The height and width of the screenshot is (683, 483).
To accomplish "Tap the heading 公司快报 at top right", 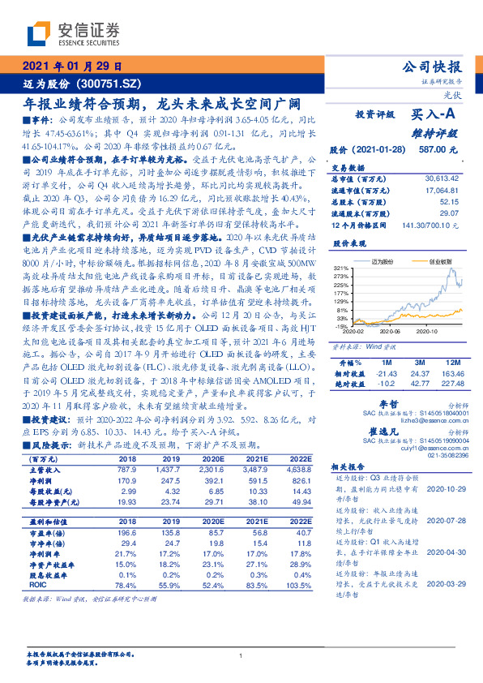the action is click(437, 67).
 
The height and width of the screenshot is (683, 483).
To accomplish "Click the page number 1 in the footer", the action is click(241, 655).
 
